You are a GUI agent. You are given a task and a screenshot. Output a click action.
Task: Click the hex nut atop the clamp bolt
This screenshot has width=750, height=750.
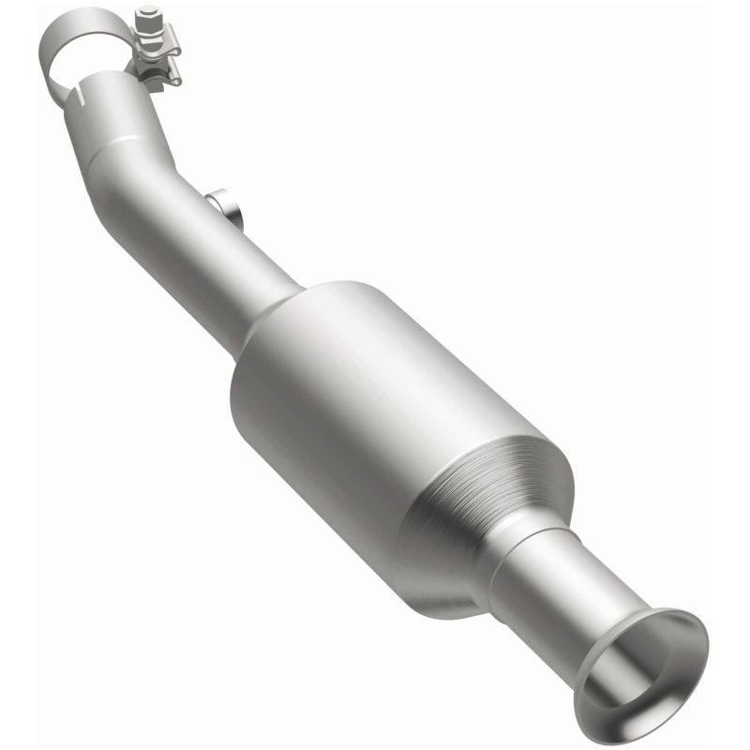[x=147, y=15]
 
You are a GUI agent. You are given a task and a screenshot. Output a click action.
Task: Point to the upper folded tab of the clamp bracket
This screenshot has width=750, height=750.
[x=157, y=43]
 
